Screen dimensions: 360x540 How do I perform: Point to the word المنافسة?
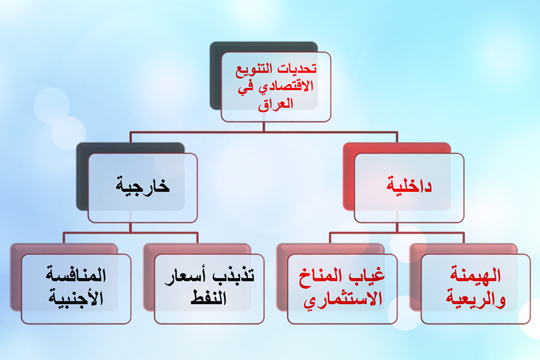coord(76,275)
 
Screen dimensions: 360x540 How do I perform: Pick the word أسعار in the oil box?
coord(184,275)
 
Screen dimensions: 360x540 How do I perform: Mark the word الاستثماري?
coord(343,298)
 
